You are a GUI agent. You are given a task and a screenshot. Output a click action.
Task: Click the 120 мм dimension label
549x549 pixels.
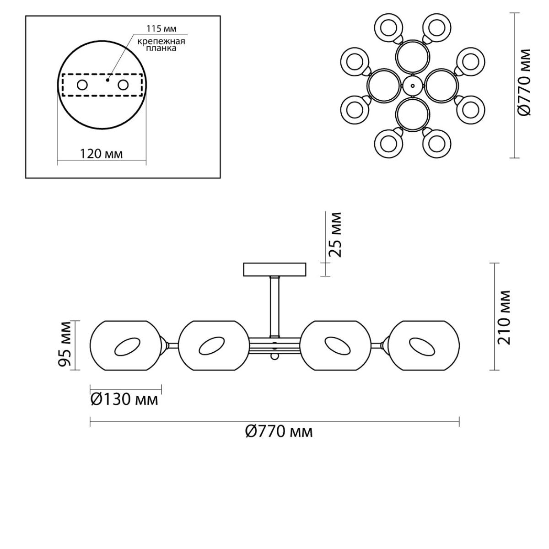102,154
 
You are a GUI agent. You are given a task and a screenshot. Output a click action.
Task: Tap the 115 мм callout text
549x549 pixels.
161,29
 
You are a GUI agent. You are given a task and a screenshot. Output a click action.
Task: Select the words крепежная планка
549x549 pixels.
161,45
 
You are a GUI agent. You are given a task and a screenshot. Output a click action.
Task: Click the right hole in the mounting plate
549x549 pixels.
124,85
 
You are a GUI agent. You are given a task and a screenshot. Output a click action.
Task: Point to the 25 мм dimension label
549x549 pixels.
334,235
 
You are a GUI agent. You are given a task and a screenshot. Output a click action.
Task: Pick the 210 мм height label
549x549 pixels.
504,318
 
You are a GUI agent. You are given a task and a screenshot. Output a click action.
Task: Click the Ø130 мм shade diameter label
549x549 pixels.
124,400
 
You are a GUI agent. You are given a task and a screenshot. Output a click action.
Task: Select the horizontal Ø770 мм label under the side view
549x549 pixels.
279,432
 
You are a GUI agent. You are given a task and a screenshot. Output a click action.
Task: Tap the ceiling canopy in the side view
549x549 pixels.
274,269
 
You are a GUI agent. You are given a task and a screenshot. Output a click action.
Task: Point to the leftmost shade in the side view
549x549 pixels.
126,345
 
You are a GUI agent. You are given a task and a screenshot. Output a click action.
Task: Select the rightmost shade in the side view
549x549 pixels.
424,345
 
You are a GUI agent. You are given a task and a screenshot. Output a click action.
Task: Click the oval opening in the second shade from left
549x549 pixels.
212,346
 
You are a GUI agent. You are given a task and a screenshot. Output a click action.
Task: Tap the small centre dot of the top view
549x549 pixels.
413,85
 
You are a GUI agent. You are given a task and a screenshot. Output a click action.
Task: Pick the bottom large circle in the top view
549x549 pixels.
413,114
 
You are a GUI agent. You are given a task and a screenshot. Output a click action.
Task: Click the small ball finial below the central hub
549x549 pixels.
274,356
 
